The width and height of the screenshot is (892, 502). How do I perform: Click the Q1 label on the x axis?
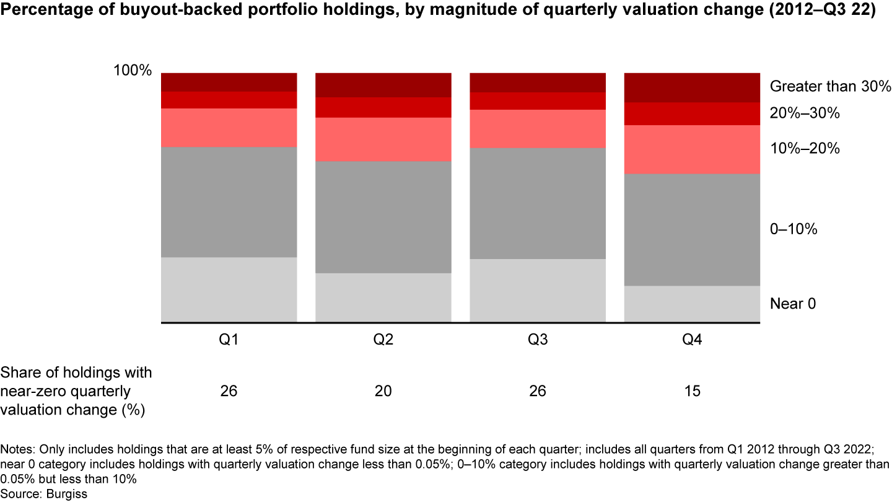(x=229, y=340)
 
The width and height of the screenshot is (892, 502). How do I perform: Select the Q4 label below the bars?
(x=692, y=340)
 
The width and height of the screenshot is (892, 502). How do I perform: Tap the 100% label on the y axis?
(x=132, y=71)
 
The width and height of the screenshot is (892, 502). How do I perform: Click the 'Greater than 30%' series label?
(x=830, y=87)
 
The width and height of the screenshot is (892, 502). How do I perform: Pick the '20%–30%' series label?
(x=805, y=113)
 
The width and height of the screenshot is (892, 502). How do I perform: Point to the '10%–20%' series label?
(x=805, y=149)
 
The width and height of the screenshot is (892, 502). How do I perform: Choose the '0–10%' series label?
(x=794, y=229)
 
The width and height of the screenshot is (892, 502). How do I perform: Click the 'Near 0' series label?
(x=793, y=304)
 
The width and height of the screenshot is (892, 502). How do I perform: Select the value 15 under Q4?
(x=692, y=391)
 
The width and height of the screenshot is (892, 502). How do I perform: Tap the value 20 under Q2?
(x=383, y=391)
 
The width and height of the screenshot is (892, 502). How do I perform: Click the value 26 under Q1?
(x=229, y=391)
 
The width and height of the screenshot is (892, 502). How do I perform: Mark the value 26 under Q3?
(x=537, y=391)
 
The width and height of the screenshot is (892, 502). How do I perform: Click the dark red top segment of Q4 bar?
(x=692, y=87)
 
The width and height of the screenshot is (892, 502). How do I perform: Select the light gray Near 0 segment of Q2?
(x=383, y=297)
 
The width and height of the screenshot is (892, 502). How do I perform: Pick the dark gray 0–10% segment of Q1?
(x=229, y=202)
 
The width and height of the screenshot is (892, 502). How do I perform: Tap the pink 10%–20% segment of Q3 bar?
(x=538, y=129)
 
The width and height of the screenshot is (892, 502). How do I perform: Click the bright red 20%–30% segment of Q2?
(x=383, y=107)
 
